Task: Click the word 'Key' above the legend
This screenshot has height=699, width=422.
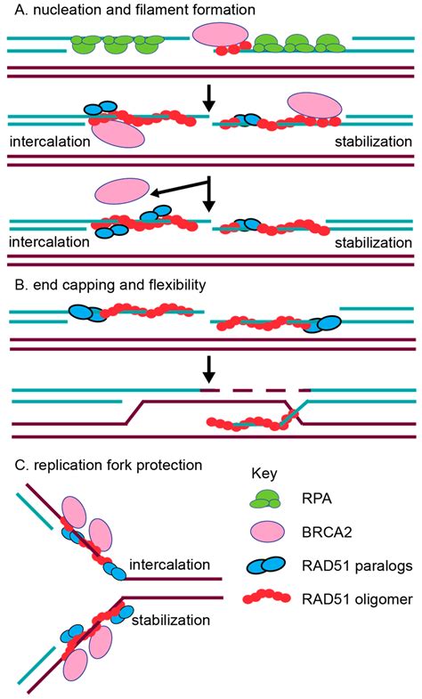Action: point(264,474)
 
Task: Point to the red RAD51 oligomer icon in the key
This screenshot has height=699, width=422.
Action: point(266,597)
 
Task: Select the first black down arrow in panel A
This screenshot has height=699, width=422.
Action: point(208,102)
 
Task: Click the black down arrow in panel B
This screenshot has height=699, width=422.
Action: point(208,370)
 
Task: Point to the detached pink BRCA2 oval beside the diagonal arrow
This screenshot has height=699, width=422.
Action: point(122,190)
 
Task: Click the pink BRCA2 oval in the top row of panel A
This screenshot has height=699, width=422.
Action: point(220,35)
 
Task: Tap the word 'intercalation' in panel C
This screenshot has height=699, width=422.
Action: point(169,565)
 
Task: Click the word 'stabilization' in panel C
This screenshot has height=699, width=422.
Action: point(171,620)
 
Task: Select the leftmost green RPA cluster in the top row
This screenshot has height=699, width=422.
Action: point(86,45)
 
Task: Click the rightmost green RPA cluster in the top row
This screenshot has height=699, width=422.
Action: point(330,44)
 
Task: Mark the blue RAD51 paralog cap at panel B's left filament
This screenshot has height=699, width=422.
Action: point(87,313)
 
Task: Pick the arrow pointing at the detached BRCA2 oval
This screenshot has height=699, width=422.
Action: point(181,187)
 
